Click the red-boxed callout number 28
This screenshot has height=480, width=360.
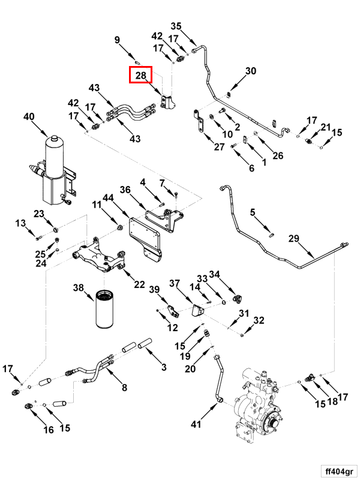(x=141, y=76)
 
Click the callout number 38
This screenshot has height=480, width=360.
(x=79, y=288)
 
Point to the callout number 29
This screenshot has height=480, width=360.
(x=293, y=239)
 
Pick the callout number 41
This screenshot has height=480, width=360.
(x=196, y=425)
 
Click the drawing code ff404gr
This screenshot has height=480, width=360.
(x=338, y=470)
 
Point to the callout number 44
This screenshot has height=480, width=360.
(x=109, y=197)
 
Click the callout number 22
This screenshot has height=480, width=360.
(x=139, y=284)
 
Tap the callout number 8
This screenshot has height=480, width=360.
(x=124, y=388)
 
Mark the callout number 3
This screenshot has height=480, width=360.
(x=162, y=367)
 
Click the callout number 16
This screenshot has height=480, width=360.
(x=48, y=430)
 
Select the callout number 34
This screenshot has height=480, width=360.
(x=214, y=275)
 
